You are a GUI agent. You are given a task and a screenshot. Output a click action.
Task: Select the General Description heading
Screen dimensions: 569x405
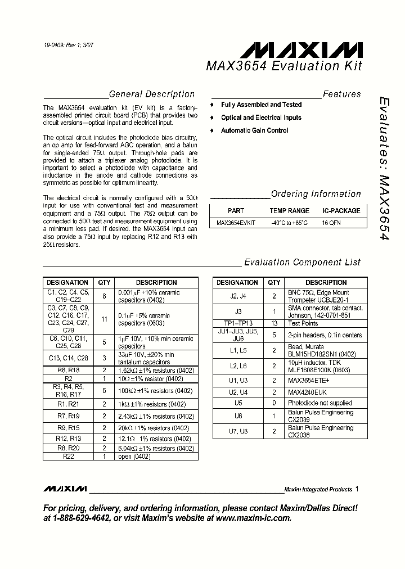pos(151,94)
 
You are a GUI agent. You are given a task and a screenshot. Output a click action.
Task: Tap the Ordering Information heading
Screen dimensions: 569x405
pos(316,194)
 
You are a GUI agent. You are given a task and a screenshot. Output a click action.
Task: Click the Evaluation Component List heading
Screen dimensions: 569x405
pos(302,262)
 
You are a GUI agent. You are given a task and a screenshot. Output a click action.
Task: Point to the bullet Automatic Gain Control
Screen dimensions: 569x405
pos(254,130)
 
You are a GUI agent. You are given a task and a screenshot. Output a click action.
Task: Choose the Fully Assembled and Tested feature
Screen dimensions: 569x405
pos(261,105)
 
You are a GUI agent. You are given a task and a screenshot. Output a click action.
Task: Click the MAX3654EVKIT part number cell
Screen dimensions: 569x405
pos(236,223)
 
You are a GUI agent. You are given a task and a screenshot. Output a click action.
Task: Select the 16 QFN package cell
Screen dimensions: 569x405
pos(331,223)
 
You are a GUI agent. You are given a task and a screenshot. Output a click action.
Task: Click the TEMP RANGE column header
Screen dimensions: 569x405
pos(289,211)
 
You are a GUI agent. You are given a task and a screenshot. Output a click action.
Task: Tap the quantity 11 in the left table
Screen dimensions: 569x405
pos(104,319)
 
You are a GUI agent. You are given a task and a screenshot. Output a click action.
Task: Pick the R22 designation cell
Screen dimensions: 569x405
pos(67,457)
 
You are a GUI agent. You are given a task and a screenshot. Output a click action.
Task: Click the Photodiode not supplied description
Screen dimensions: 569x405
pos(320,403)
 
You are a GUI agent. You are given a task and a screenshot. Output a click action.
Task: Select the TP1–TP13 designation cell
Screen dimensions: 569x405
pos(237,323)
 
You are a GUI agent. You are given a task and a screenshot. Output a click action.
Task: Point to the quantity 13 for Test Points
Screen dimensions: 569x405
pos(274,323)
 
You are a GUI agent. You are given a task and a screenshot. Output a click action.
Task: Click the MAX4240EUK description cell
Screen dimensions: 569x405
pos(308,392)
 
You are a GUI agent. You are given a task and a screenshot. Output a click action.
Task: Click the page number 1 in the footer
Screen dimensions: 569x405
pos(357,489)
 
